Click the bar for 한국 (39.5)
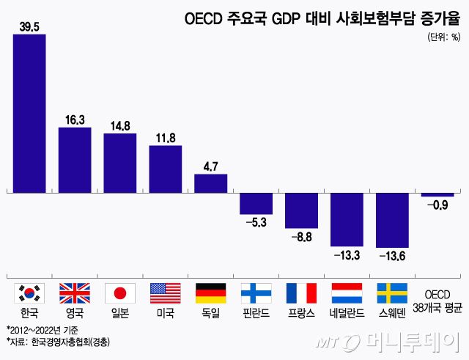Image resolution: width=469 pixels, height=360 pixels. [29, 114]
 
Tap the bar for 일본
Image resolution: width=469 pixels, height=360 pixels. [119, 163]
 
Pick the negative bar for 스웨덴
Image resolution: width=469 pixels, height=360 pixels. [392, 220]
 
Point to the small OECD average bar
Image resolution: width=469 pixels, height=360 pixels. [437, 195]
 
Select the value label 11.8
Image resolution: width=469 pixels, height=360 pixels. [165, 138]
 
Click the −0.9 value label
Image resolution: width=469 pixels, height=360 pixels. [437, 206]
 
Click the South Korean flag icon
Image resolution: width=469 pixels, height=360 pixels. [30, 293]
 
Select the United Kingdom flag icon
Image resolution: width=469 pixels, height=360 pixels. [75, 293]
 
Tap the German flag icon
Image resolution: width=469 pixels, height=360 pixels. [210, 293]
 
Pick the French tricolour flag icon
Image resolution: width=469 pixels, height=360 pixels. [301, 293]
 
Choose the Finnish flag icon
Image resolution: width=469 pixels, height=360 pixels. [256, 293]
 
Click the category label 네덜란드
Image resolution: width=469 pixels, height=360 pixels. [347, 312]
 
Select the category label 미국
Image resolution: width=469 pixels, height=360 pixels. [165, 312]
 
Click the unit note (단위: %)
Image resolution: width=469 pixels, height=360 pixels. [443, 36]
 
